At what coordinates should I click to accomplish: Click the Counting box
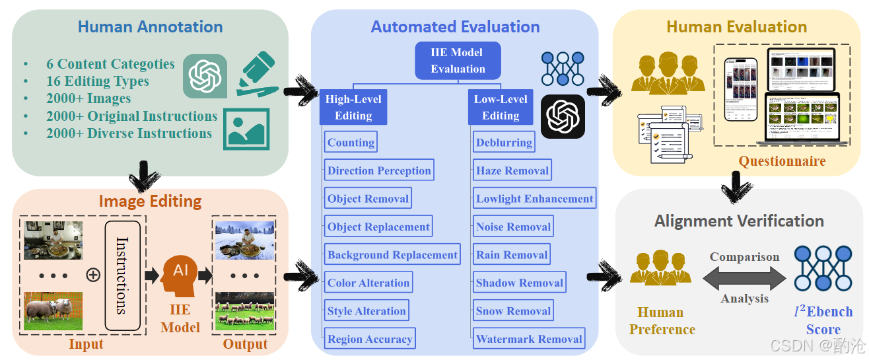coord(351,142)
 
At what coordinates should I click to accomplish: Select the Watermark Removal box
coord(529,338)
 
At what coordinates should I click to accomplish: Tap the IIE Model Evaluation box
coord(458,61)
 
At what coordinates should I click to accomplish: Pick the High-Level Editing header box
coord(353,107)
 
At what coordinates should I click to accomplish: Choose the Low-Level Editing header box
coord(501,107)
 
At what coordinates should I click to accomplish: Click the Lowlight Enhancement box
coord(534,198)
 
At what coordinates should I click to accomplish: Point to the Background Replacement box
coord(392,254)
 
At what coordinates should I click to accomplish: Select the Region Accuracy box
coord(370,338)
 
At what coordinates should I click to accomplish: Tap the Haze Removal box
coord(512,170)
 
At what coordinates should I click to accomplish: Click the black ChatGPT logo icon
coord(563,116)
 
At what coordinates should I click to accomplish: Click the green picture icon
coord(246,129)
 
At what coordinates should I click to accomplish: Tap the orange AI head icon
coord(180,275)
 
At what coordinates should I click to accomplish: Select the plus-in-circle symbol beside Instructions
coord(93,275)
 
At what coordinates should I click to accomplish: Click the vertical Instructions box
coord(123,275)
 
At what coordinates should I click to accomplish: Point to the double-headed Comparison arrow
coord(744,278)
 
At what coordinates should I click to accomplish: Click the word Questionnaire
coord(782,161)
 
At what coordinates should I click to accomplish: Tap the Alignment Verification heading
coord(739,221)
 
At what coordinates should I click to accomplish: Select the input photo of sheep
coord(53,310)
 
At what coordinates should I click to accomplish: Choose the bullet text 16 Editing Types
coord(97,81)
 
